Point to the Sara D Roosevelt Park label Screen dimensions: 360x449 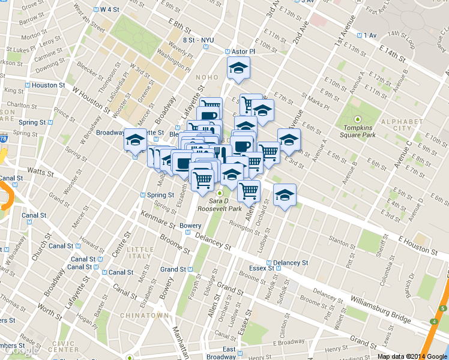[225, 205]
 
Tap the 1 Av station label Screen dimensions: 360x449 [369, 35]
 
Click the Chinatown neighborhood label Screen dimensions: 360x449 [144, 315]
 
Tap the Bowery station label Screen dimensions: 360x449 [190, 226]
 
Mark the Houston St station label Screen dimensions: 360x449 [48, 85]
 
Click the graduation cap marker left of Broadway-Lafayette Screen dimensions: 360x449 [135, 140]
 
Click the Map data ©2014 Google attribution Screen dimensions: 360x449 [412, 356]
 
